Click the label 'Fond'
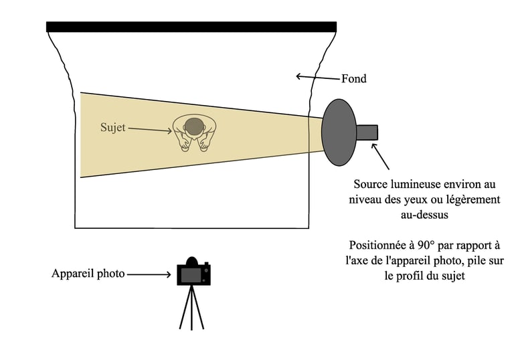coord(353,79)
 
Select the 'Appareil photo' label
coord(88,274)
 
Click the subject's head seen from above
coord(194,126)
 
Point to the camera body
coord(193,274)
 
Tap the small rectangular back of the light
coord(367,132)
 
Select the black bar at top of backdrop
coord(191,27)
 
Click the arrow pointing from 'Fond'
coord(318,78)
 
